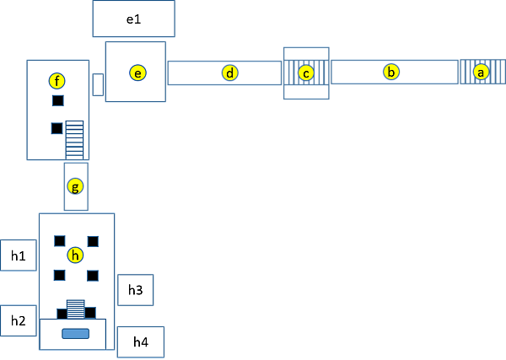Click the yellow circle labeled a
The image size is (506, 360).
click(x=481, y=73)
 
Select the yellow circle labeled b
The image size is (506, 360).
click(x=390, y=72)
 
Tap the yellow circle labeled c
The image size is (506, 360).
click(x=305, y=73)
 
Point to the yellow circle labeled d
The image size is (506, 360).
click(x=229, y=73)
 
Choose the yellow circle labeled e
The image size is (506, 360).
click(x=137, y=73)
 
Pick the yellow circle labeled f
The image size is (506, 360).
click(x=57, y=81)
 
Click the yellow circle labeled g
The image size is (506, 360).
click(x=76, y=185)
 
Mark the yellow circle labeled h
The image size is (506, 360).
click(x=76, y=255)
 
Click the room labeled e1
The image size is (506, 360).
click(x=133, y=19)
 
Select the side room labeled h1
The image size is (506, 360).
click(x=19, y=255)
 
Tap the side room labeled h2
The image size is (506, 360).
click(x=19, y=320)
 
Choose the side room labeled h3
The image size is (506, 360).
click(x=135, y=290)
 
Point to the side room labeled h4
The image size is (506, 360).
click(x=140, y=341)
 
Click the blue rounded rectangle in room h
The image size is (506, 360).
click(x=76, y=334)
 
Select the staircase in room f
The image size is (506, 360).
click(x=75, y=140)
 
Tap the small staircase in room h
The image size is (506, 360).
click(x=76, y=308)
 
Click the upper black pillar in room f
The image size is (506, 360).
click(x=57, y=101)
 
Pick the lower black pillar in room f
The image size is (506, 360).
click(x=57, y=128)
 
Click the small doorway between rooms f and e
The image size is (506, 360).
click(x=98, y=84)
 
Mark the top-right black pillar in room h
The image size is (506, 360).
click(x=93, y=241)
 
